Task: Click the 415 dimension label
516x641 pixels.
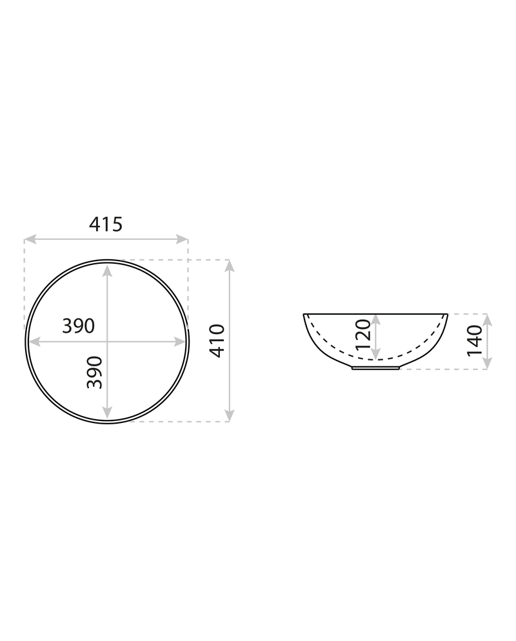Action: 106,224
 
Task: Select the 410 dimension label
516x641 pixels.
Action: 217,341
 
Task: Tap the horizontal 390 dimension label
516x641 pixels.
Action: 78,326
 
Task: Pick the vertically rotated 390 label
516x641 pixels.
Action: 94,373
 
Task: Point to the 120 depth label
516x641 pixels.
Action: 363,335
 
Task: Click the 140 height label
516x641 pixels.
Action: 475,340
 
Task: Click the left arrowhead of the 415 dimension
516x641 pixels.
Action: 30,239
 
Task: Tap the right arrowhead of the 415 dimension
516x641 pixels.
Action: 182,239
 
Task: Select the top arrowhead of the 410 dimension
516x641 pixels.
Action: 230,266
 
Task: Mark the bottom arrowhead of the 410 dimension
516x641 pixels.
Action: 230,415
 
